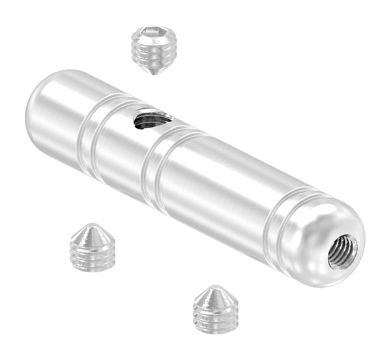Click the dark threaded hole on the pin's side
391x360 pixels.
(151, 119)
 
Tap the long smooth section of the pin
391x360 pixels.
(215, 189)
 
